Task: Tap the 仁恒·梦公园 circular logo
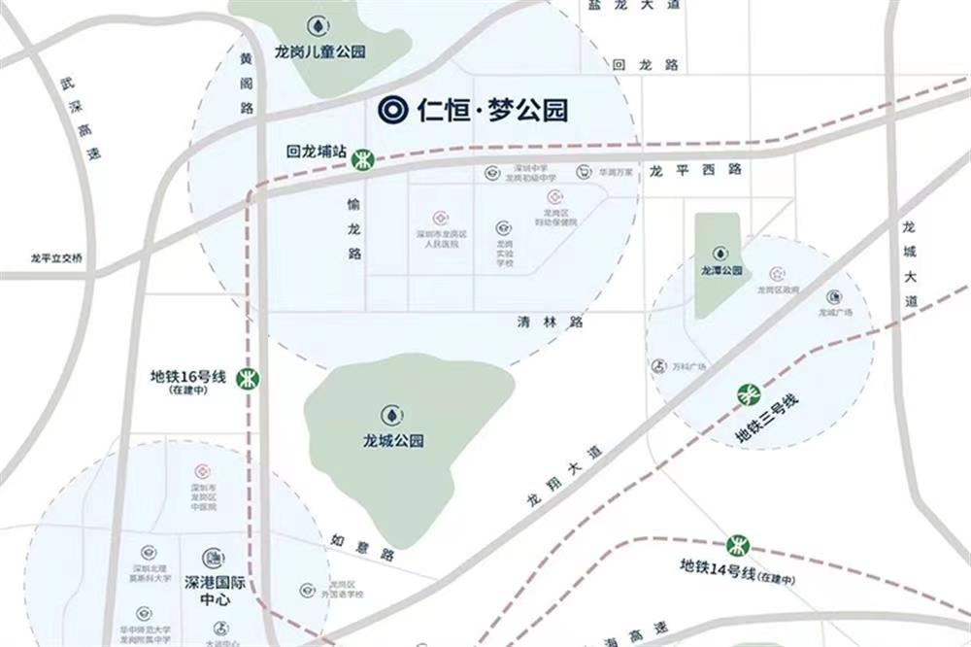coord(394,110)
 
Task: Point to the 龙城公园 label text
coord(393,440)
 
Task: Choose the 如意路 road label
coord(362,547)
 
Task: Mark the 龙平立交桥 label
coord(57,258)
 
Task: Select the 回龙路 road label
coord(646,64)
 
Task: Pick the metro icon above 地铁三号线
coord(750,393)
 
